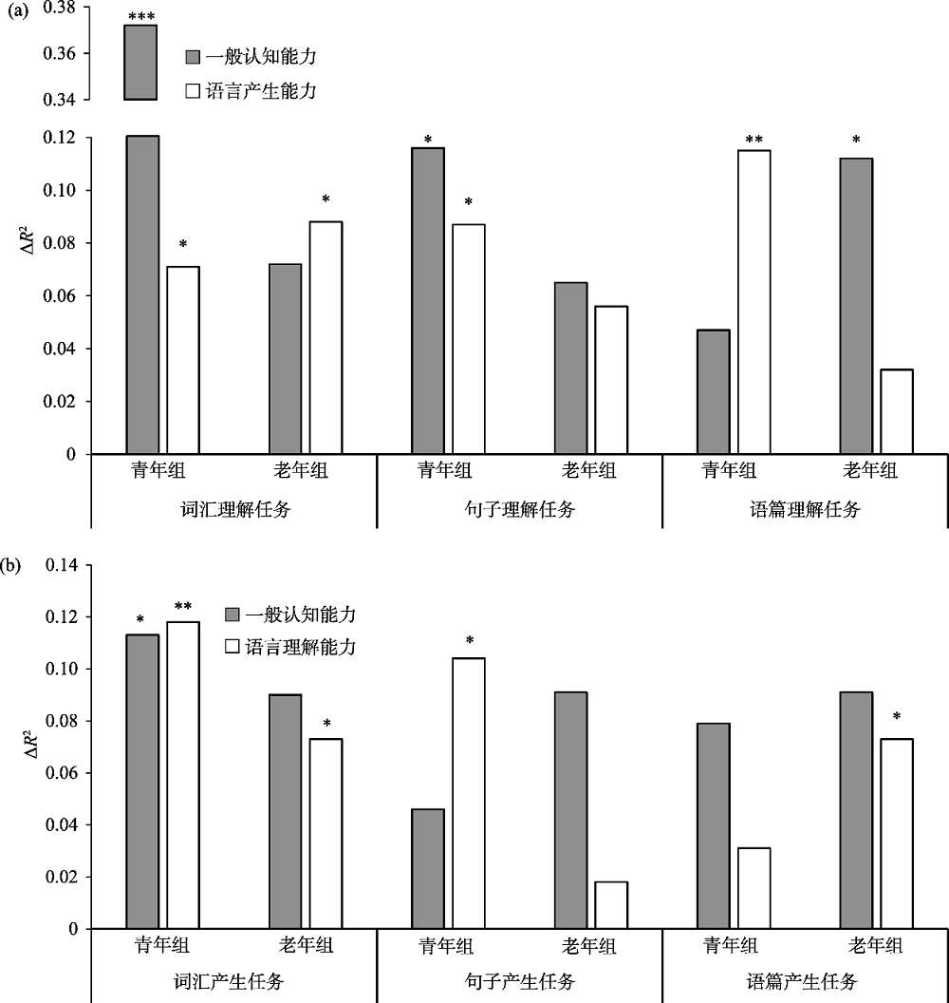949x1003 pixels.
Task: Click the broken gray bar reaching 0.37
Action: (141, 62)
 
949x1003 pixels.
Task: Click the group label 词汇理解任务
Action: (234, 509)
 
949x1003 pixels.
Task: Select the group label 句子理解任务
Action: (519, 509)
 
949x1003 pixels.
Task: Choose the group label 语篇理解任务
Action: (805, 509)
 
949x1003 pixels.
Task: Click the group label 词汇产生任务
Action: (234, 980)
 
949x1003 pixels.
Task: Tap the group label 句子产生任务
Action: (519, 980)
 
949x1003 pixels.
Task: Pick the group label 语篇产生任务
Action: (805, 980)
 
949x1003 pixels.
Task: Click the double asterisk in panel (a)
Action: (754, 141)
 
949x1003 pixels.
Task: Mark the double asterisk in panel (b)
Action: (183, 606)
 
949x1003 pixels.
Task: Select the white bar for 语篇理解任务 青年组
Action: (754, 302)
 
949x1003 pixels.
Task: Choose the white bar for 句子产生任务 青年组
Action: (468, 793)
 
